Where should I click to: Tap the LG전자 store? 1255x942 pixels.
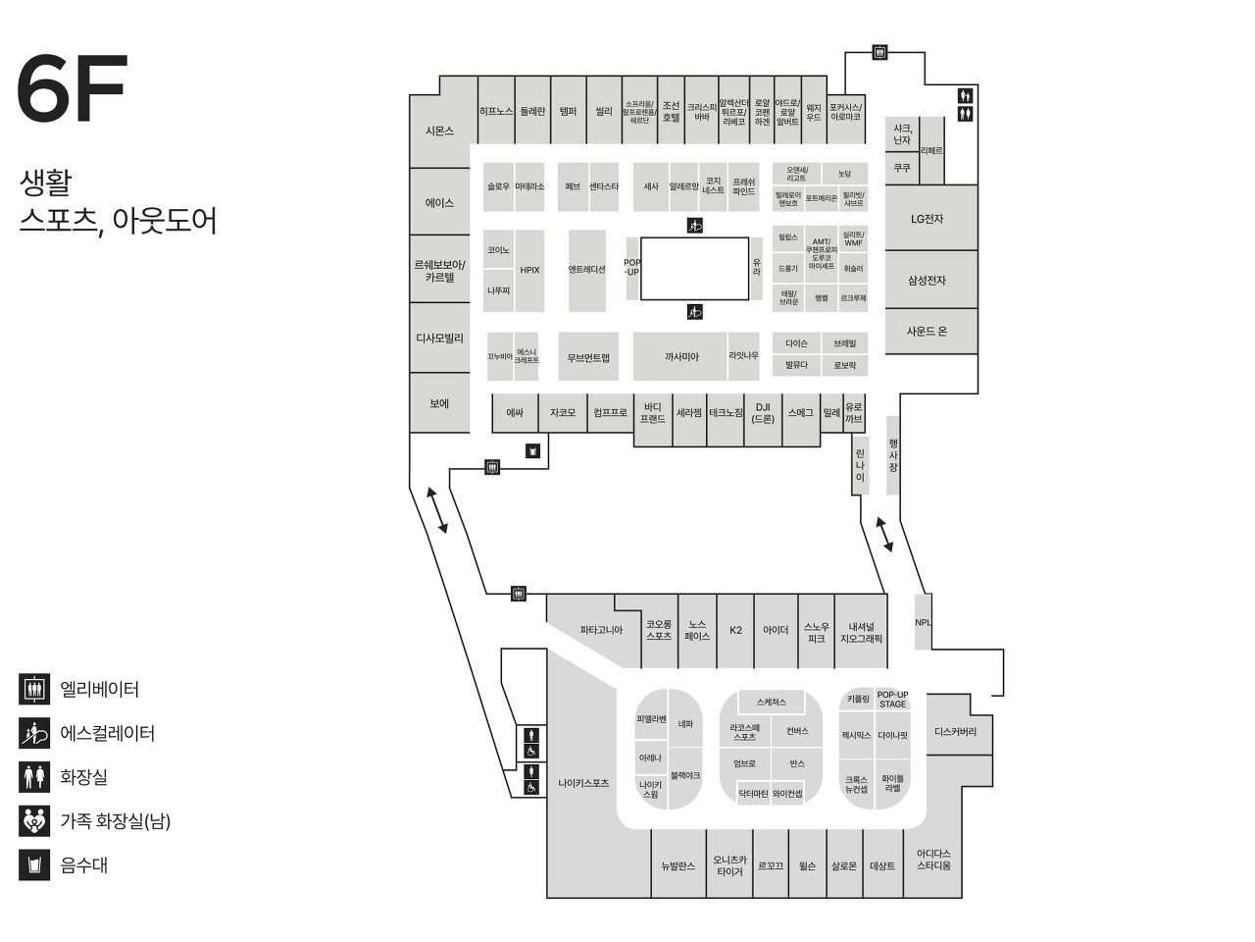pos(927,219)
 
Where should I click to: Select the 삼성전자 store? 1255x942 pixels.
pos(927,281)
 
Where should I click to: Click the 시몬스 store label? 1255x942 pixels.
pos(440,131)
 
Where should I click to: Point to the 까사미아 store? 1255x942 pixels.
pos(681,357)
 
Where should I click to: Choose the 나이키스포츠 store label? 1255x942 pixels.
pos(583,783)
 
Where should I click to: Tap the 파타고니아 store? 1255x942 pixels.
pos(601,630)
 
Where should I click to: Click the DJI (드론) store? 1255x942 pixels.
pos(763,413)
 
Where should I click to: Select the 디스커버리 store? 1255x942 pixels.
pos(955,731)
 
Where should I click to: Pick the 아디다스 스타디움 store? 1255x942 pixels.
pos(933,860)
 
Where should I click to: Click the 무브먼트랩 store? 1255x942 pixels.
pos(588,358)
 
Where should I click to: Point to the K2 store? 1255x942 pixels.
pos(735,630)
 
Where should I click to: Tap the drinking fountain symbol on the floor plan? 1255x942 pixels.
pos(532,451)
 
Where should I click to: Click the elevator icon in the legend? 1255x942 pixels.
pos(34,689)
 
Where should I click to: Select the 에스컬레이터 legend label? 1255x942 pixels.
pos(108,733)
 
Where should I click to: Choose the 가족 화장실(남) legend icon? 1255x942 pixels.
pos(34,820)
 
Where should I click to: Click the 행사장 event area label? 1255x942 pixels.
pos(893,455)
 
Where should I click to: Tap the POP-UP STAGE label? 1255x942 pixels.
pos(892,700)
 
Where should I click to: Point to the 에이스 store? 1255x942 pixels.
pos(439,203)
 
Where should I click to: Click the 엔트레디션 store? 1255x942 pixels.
pos(587,269)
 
